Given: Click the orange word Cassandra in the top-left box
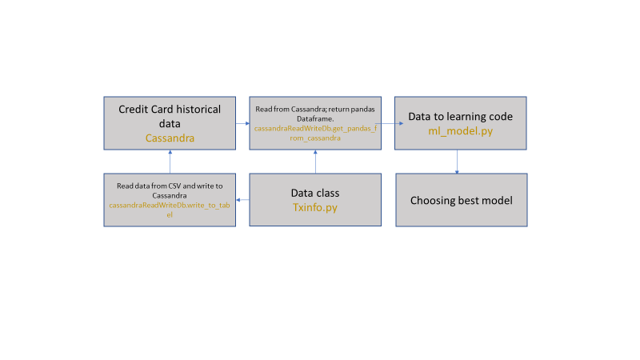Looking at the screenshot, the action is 170,138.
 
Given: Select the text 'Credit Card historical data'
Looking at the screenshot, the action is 170,116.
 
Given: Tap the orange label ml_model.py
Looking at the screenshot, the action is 461,130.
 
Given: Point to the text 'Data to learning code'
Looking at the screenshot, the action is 461,117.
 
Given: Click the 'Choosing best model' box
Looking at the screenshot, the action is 461,200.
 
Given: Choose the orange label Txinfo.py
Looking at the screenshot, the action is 315,206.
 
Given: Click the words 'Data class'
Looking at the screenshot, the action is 315,193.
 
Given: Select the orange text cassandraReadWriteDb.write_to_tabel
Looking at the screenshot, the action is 170,210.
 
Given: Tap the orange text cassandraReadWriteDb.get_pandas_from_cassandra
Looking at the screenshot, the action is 315,133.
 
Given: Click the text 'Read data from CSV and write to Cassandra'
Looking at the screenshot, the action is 170,190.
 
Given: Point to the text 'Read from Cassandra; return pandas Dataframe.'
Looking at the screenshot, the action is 315,113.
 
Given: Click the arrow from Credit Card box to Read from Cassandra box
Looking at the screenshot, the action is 242,124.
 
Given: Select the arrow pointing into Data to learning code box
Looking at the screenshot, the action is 389,124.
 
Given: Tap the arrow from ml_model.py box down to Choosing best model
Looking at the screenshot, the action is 457,162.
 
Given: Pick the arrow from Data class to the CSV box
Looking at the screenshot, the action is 242,200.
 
